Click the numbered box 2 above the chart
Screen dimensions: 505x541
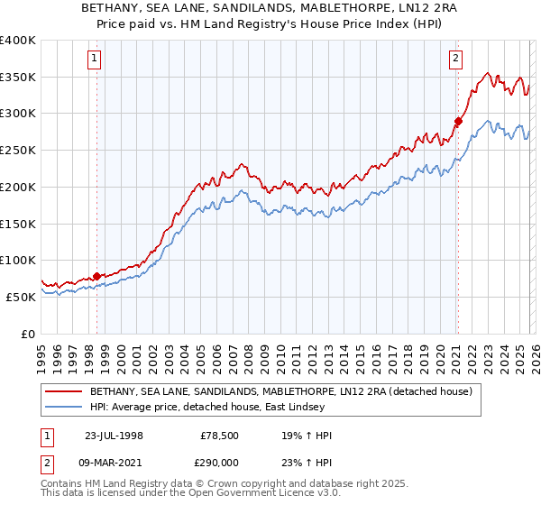click(x=456, y=60)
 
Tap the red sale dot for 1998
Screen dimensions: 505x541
click(x=97, y=276)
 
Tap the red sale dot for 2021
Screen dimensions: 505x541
click(x=458, y=121)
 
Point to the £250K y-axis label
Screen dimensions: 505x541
click(x=18, y=151)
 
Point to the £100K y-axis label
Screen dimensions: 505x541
click(x=18, y=261)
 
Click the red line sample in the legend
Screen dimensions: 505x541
click(x=63, y=391)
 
